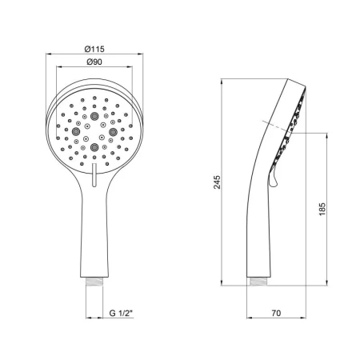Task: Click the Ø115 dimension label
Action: [94, 49]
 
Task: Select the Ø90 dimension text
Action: [94, 62]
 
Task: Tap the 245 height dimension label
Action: [218, 182]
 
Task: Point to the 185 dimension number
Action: [322, 210]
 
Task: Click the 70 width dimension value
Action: [276, 313]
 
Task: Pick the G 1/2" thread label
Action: [121, 313]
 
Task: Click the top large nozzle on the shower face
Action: [94, 116]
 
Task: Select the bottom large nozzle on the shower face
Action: [94, 147]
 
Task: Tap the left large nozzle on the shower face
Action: [76, 131]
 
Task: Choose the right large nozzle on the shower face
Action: [113, 131]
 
